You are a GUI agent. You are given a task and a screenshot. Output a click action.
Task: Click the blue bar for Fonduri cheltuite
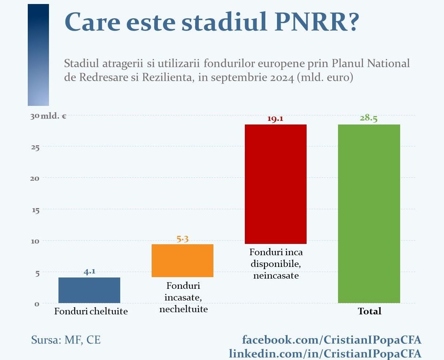point(89,290)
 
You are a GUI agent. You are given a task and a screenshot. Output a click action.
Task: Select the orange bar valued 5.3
point(182,261)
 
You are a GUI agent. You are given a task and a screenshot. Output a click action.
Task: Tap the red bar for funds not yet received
point(276,184)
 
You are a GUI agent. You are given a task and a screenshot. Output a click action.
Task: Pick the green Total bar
point(369,214)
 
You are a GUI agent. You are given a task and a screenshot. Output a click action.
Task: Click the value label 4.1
point(89,272)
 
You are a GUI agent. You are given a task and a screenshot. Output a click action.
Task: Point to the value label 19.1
point(276,119)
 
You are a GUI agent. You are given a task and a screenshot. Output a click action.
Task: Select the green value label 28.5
point(368,118)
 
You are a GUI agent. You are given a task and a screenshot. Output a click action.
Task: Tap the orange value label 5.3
point(182,239)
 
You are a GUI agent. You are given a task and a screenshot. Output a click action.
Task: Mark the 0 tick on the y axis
point(37,304)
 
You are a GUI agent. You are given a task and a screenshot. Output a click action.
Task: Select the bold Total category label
point(369,311)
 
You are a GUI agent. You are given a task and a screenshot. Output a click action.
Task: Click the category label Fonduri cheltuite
point(91,311)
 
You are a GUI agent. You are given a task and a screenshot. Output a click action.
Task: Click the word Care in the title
point(92,22)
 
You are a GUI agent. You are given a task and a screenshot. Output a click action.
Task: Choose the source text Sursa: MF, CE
point(66,340)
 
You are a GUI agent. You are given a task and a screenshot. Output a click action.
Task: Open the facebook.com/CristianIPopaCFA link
point(331,340)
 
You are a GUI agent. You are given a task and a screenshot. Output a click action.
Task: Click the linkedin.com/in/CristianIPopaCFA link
point(325,353)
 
